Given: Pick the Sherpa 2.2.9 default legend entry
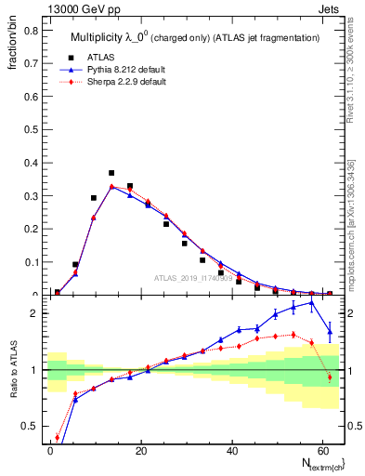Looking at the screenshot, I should [123, 81].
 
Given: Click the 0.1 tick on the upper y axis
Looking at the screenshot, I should [31, 262].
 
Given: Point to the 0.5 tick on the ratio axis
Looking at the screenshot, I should [31, 426].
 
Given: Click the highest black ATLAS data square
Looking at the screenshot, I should [111, 173].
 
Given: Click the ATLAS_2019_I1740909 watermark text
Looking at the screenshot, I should [195, 278].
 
